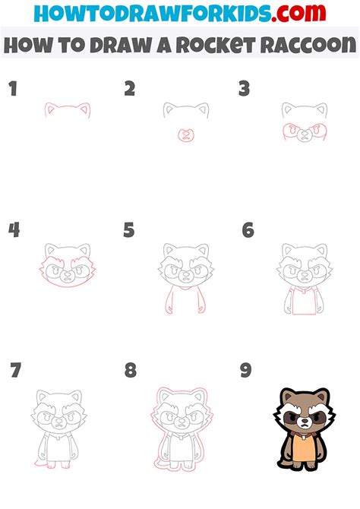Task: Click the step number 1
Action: tap(12, 90)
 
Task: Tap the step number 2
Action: tap(130, 90)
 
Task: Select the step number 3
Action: tap(245, 90)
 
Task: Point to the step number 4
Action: tap(14, 230)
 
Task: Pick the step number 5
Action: tap(129, 230)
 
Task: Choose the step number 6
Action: tap(248, 230)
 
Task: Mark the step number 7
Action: tap(15, 371)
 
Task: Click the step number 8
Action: tap(131, 371)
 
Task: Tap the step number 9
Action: tap(245, 371)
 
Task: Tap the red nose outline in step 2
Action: tap(183, 134)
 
